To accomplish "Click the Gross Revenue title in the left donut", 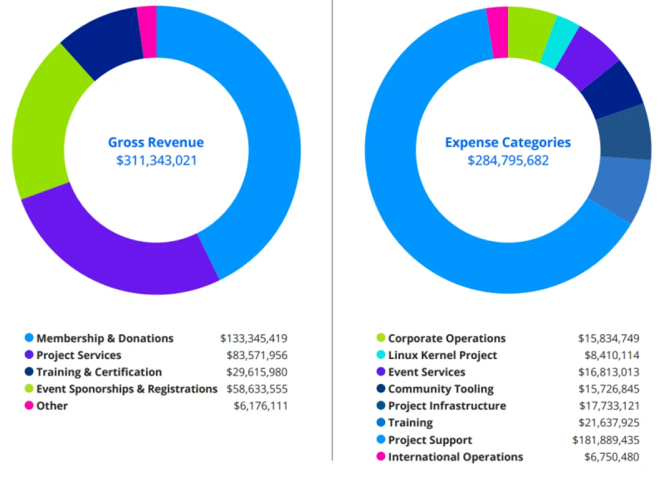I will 155,142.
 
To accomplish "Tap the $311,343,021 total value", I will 155,161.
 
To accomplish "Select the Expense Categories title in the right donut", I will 507,142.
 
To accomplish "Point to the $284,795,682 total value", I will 507,161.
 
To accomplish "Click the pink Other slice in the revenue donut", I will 147,32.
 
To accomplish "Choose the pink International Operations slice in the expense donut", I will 497,33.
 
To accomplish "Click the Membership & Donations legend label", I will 105,338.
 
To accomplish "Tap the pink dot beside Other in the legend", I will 29,406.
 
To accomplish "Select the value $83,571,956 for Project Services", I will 257,355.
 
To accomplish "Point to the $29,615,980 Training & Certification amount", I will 257,372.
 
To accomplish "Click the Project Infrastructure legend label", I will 447,406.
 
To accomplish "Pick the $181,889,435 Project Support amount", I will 606,440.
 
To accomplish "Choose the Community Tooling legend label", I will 440,389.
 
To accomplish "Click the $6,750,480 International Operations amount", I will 611,457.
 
